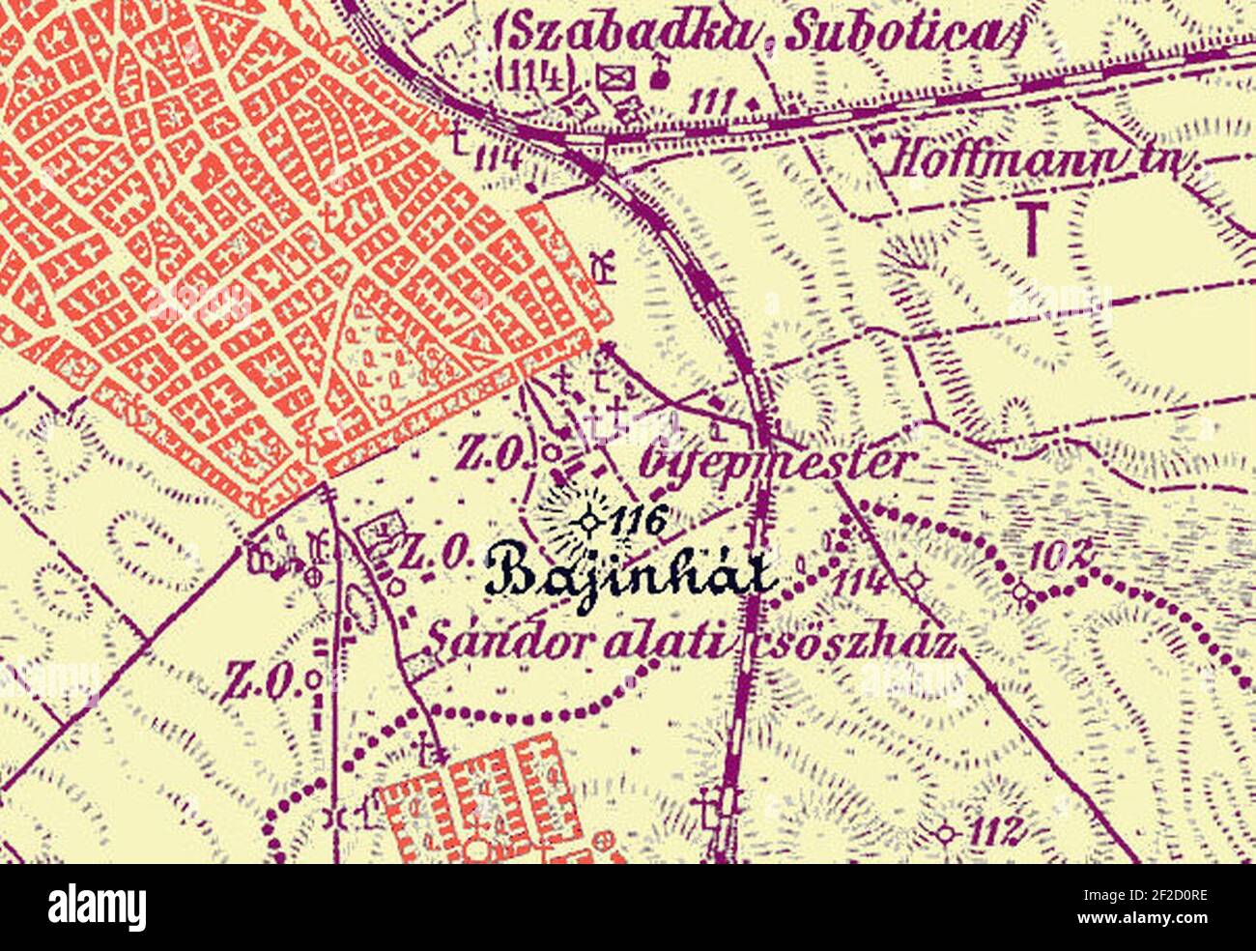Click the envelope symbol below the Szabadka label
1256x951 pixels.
click(x=612, y=77)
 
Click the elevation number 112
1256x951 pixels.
click(x=999, y=829)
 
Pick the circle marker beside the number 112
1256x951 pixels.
click(x=949, y=831)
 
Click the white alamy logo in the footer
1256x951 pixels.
click(x=97, y=908)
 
